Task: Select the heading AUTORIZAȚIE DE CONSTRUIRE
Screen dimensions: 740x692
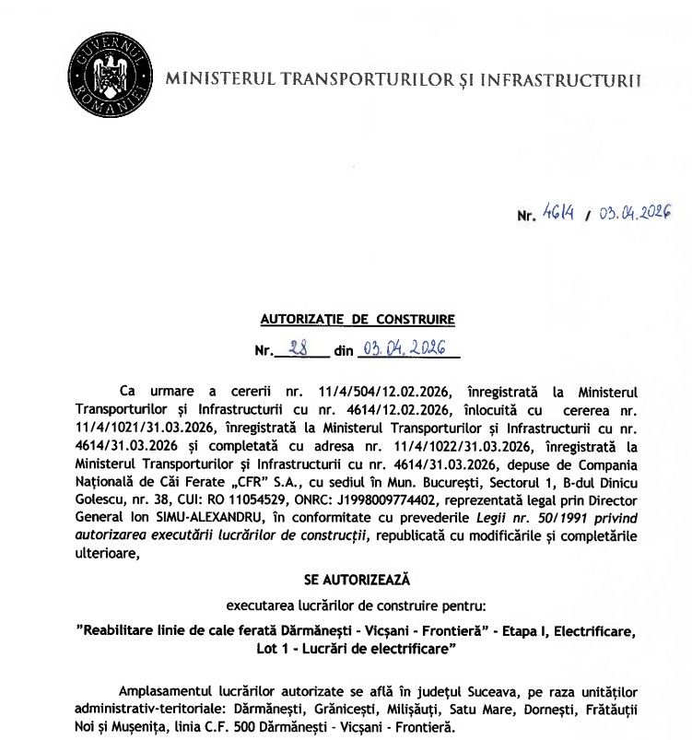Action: (358, 320)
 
